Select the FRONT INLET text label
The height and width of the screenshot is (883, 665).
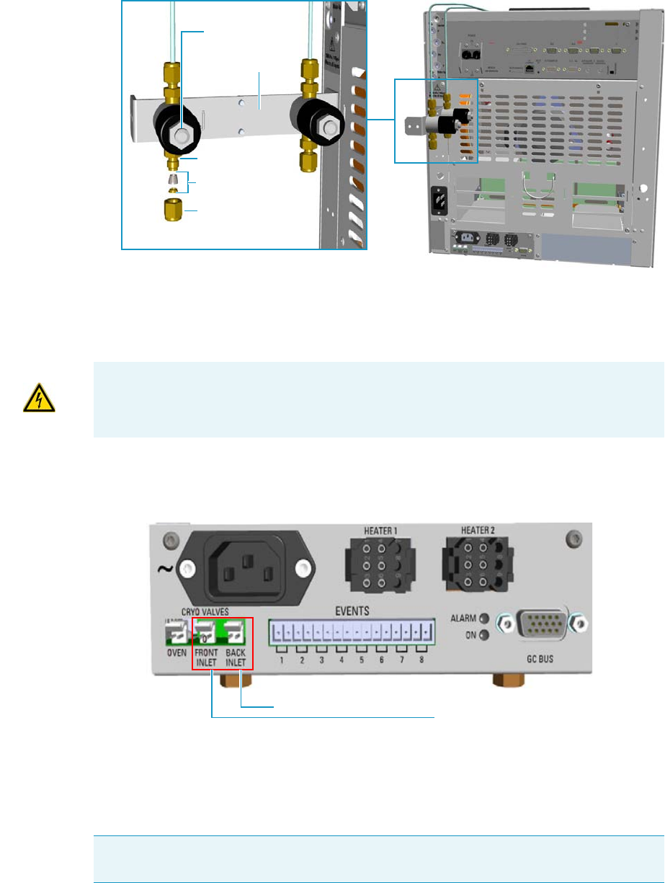point(205,657)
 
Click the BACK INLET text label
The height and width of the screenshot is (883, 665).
point(235,657)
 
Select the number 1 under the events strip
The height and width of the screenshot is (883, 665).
point(282,660)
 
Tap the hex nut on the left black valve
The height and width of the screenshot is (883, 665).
point(182,133)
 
